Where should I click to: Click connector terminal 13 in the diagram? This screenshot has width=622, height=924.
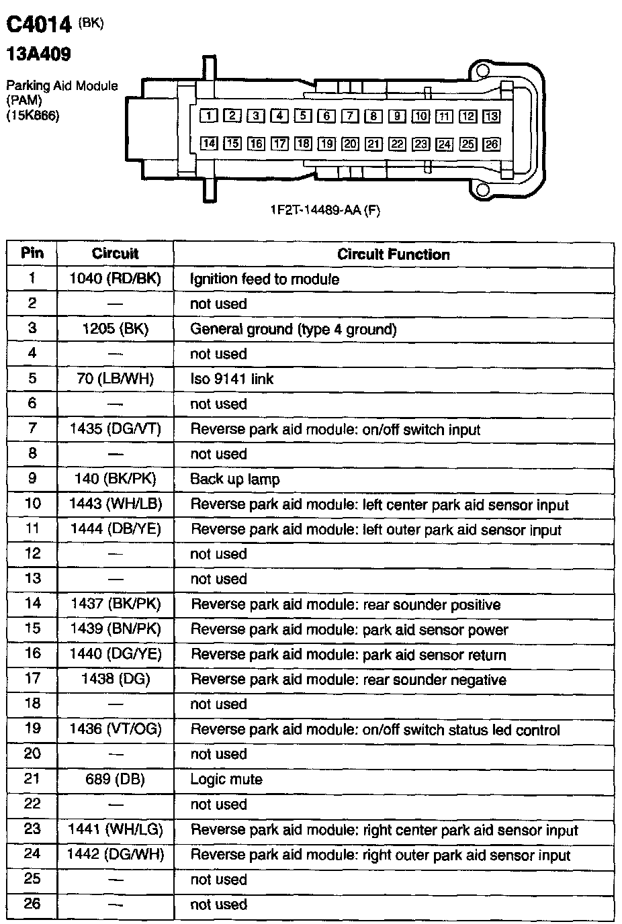pos(491,116)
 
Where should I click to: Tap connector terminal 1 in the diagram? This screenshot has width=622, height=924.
pos(209,116)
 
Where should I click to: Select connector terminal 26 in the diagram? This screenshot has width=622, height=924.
pos(491,144)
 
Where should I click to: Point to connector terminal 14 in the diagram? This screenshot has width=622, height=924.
pos(209,144)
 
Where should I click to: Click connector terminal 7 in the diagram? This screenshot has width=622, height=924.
pos(350,116)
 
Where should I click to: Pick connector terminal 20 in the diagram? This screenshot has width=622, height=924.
pos(350,144)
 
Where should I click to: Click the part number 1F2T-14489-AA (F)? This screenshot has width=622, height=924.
pos(324,210)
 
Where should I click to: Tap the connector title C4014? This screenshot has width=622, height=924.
pos(38,25)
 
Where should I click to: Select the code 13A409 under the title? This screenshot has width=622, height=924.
pos(38,54)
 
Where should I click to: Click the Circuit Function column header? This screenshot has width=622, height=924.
pos(393,255)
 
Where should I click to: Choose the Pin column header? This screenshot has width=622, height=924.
pos(32,253)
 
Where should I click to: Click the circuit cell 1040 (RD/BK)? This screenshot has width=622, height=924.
pos(116,279)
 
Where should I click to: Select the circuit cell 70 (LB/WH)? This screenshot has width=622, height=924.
pos(116,379)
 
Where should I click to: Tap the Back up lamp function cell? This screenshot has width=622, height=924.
pos(234,479)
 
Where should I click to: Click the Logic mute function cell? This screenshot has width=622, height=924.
pos(226,780)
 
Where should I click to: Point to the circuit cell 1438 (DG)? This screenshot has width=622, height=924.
pos(116,679)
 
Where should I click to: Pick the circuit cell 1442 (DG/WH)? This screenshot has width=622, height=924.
pos(116,855)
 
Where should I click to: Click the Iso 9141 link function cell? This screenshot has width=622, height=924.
pos(232,379)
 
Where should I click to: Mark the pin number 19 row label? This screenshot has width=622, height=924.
pos(32,729)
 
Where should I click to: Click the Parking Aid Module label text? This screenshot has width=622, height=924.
pos(62,86)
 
